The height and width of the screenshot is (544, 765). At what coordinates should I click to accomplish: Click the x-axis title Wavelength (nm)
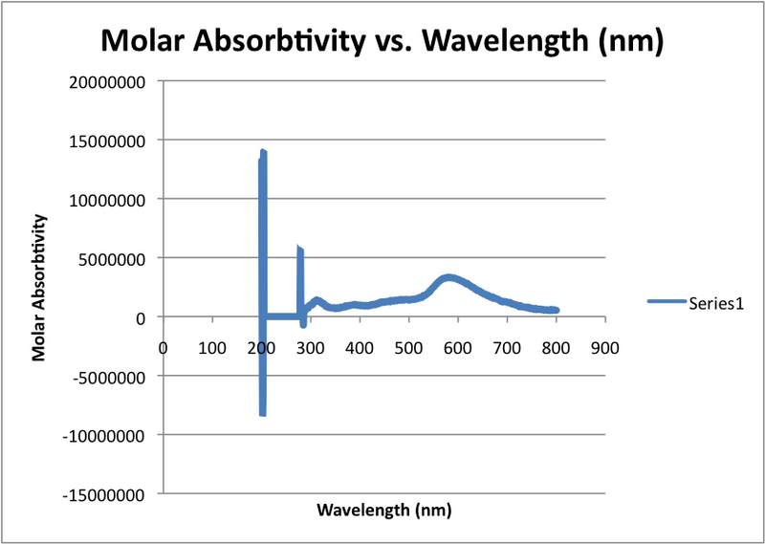tap(383, 510)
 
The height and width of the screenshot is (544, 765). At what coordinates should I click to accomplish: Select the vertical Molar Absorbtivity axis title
tap(39, 287)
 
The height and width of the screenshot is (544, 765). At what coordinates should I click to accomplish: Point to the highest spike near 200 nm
tap(262, 152)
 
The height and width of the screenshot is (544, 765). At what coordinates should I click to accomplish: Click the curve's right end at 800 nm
tap(556, 310)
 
